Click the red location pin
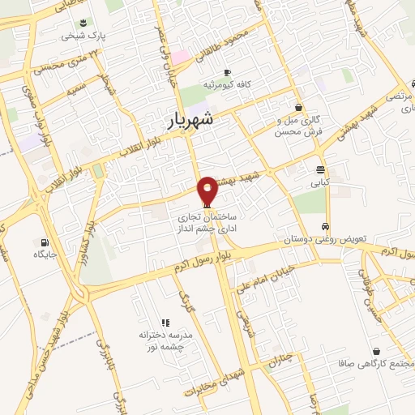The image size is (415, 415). point(207,190)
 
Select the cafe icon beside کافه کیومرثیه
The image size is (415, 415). point(227,71)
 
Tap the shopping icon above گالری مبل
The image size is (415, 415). point(299,106)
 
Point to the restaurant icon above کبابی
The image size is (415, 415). point(320,170)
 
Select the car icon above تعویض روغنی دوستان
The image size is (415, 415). point(324,227)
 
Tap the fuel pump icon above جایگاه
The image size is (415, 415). point(44,242)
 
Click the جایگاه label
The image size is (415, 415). point(44,255)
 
